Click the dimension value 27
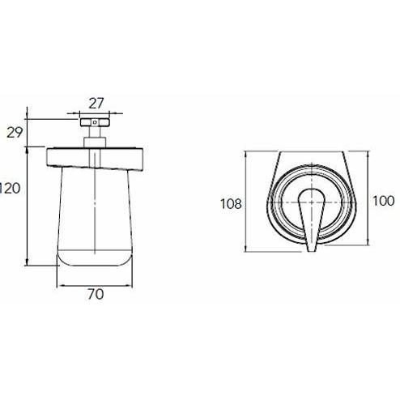(x=96, y=102)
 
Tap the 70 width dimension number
(x=95, y=296)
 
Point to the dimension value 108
(x=232, y=204)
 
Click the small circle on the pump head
(x=96, y=123)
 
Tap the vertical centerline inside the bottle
(x=96, y=219)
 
